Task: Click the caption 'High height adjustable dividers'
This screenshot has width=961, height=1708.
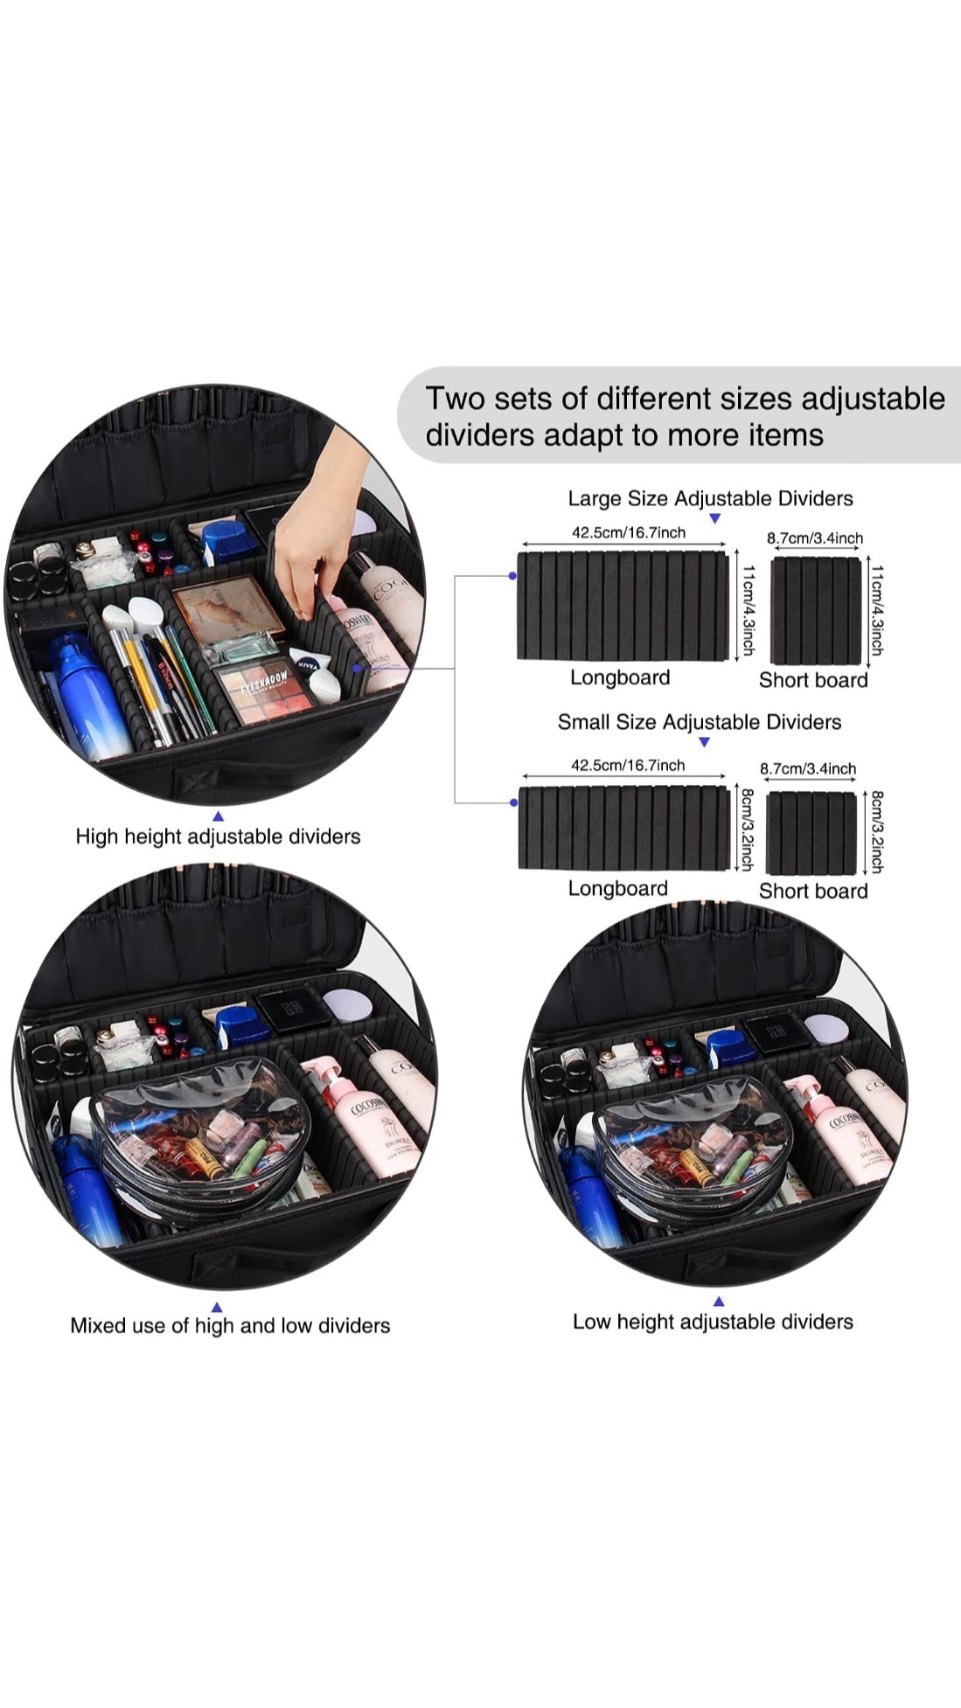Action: point(218,837)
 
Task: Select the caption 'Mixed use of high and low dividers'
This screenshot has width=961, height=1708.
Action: point(230,1325)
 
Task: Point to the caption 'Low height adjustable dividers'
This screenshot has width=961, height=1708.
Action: point(713,1322)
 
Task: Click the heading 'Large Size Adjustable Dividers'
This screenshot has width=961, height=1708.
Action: point(710,498)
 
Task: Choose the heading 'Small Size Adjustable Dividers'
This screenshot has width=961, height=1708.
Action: point(700,722)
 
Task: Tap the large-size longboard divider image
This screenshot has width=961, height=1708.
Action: point(623,606)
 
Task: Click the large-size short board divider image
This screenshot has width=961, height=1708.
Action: point(816,610)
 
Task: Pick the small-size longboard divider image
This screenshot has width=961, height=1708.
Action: point(623,828)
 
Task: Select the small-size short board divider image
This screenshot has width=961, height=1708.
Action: point(811,833)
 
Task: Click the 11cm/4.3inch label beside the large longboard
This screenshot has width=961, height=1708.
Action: point(749,609)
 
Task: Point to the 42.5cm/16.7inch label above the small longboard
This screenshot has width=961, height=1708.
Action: point(628,765)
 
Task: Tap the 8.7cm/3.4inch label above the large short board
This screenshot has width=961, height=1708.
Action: point(815,538)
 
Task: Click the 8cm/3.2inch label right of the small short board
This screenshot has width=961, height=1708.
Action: point(877,832)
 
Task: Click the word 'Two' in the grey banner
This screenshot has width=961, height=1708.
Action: point(455,399)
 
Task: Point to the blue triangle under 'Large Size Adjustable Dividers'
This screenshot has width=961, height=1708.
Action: point(714,518)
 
